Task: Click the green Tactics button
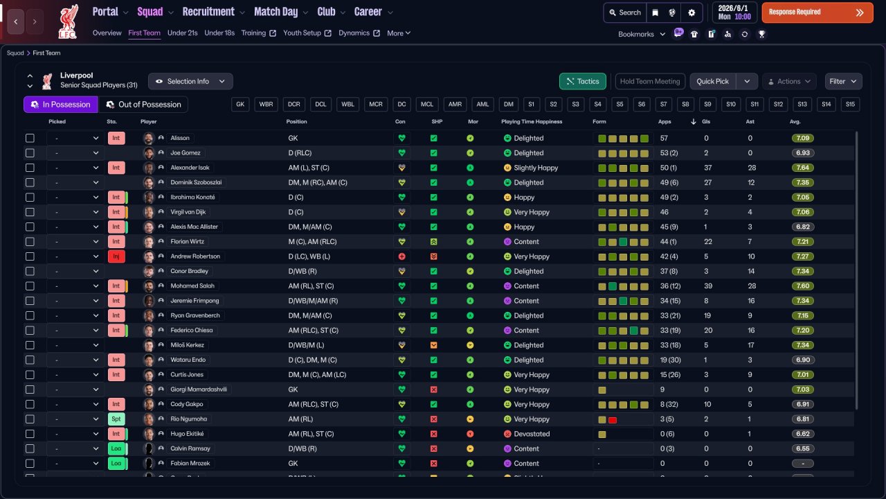pos(583,81)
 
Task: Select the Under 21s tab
pos(182,33)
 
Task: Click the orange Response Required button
pos(817,12)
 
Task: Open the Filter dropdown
pos(843,81)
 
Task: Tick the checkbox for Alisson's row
pos(30,138)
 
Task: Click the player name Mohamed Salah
pos(192,286)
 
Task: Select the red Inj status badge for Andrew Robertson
pos(116,256)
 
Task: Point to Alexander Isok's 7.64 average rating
pos(802,168)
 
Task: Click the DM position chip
pos(508,105)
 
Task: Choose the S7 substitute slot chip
pos(663,105)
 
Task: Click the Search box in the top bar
pos(625,12)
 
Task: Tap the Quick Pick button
pos(712,81)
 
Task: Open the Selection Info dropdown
pos(190,81)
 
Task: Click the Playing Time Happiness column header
pos(532,121)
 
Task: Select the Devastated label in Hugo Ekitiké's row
pos(532,434)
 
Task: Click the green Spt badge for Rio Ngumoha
pos(116,419)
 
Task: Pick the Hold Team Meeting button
pos(650,81)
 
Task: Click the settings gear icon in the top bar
pos(691,12)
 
